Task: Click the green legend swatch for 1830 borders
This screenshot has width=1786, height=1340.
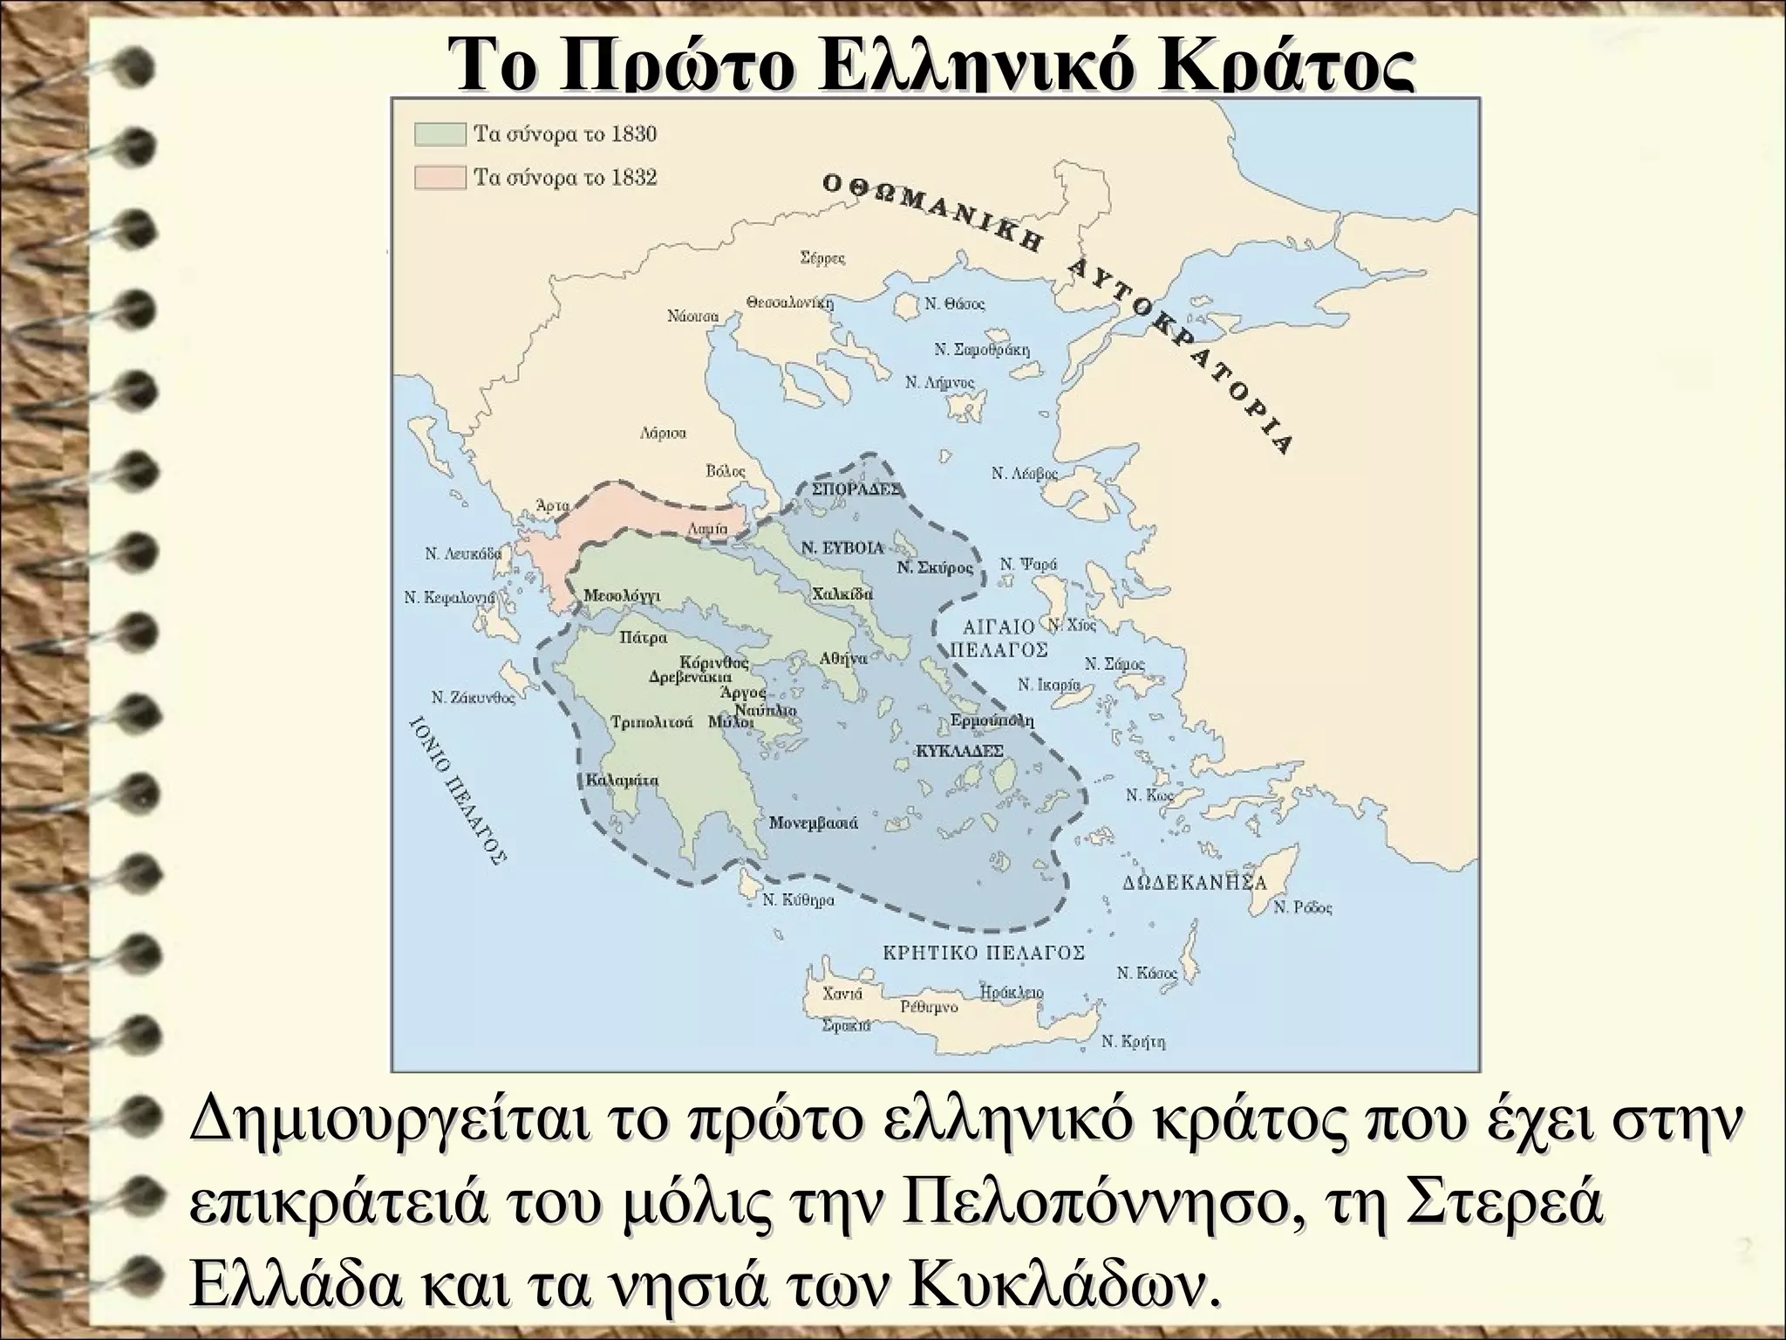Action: tap(440, 135)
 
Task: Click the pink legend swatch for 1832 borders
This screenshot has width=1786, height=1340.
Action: tap(440, 178)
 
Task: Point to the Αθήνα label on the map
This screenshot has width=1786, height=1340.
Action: tap(843, 659)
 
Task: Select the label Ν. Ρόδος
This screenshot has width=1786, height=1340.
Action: tap(1303, 908)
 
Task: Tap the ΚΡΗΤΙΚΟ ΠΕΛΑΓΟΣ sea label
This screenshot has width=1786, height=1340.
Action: tap(985, 953)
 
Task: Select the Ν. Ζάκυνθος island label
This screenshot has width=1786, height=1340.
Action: tap(474, 698)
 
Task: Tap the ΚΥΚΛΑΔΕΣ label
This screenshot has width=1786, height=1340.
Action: tap(960, 751)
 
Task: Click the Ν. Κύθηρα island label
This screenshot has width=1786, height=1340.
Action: tap(798, 900)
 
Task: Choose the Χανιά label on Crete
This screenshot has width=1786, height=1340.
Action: tap(842, 994)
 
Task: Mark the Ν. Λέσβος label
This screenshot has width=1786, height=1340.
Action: tap(1024, 474)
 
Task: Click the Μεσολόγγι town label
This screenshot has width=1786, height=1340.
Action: tap(622, 596)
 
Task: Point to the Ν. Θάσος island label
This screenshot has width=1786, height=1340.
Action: tap(954, 304)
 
